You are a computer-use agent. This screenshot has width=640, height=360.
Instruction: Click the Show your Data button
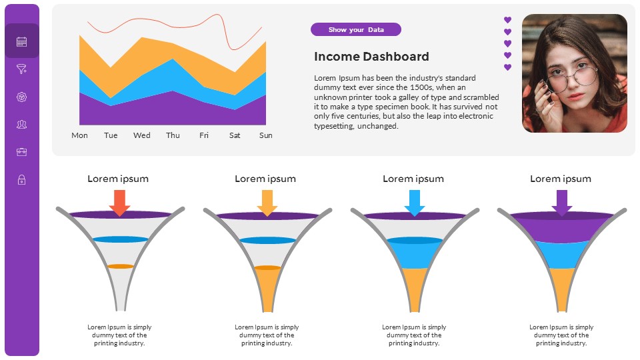356,29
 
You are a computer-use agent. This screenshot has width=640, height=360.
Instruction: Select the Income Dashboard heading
371,57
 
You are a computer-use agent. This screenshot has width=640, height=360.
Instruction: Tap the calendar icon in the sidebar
21,41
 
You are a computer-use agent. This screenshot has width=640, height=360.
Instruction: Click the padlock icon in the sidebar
21,179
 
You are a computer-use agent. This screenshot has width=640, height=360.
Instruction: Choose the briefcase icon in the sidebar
21,152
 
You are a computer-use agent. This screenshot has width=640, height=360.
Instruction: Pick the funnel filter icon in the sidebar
21,69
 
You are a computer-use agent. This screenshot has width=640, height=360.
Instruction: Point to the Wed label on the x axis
142,135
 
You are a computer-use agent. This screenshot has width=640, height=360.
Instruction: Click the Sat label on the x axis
235,135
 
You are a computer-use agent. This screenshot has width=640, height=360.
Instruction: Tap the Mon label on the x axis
79,135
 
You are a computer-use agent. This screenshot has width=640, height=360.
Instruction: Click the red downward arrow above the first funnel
119,203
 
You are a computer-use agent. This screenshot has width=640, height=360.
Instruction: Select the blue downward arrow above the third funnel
414,203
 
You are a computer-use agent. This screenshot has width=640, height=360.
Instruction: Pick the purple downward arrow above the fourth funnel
561,203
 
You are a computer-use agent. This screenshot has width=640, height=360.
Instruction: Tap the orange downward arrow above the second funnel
267,203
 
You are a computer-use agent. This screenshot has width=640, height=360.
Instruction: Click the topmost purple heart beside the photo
507,20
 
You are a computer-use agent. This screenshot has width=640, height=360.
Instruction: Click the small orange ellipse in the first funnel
121,266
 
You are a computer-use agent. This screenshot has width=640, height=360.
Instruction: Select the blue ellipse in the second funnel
267,240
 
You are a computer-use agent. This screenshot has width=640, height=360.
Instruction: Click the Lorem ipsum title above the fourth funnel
560,179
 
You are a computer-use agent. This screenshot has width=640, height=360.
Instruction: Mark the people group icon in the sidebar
21,125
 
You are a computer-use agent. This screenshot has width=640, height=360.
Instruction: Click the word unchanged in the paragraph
380,126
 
